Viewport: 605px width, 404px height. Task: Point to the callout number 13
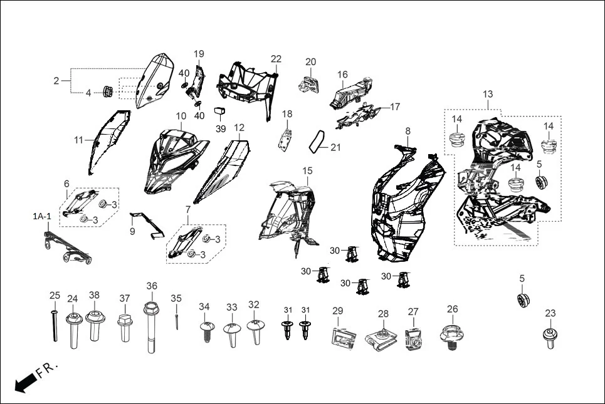point(488,95)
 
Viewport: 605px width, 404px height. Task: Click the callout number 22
point(276,59)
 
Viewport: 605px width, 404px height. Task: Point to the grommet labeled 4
point(107,92)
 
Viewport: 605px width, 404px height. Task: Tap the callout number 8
point(408,131)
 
